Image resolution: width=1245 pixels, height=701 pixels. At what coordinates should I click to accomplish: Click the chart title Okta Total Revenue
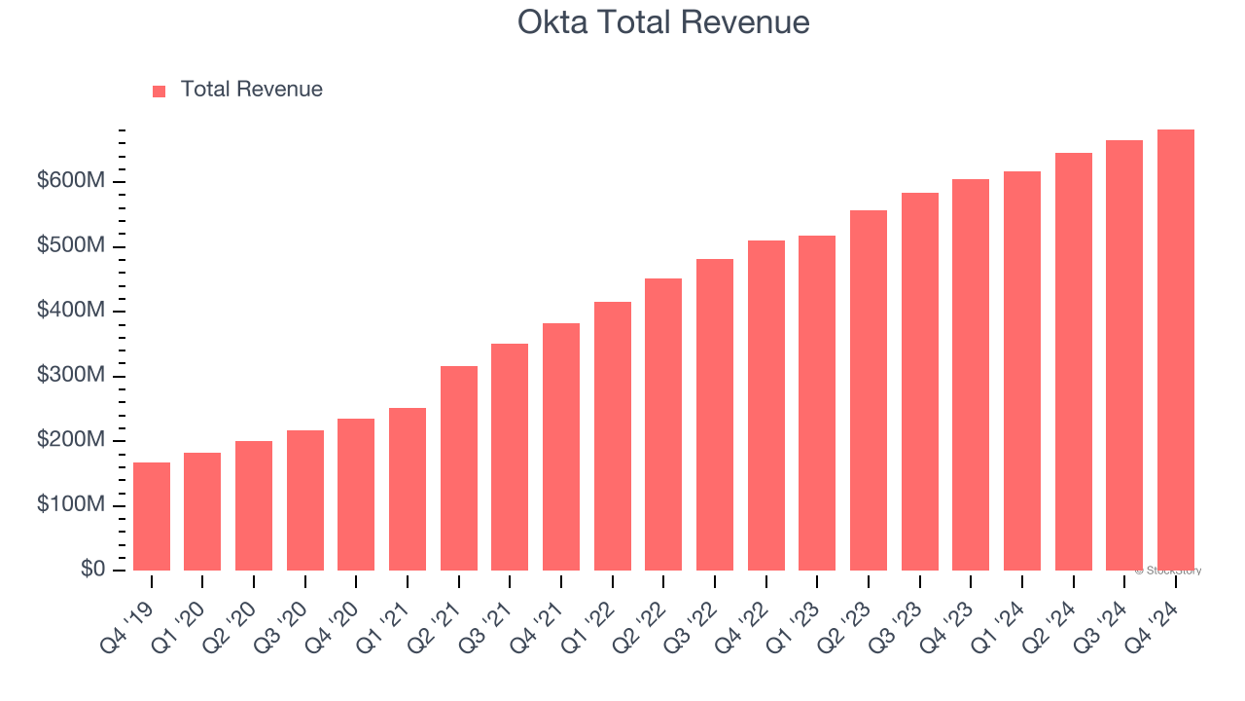(x=663, y=21)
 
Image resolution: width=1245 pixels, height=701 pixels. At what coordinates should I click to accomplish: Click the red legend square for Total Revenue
(x=160, y=91)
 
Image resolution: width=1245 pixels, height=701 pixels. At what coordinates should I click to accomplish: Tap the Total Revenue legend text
(x=251, y=90)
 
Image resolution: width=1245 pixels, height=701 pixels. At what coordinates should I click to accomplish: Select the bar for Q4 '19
(x=152, y=517)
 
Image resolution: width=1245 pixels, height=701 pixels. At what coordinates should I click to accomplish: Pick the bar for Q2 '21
(x=459, y=468)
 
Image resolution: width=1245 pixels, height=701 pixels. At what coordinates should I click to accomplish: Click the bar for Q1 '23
(x=817, y=403)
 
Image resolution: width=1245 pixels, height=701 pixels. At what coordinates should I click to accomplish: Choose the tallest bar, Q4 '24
(x=1175, y=350)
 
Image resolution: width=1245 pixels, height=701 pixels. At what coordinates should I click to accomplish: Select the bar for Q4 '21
(x=561, y=447)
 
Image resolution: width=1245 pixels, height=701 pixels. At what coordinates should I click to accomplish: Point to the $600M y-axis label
(x=72, y=182)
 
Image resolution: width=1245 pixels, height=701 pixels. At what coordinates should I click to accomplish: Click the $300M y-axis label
(x=72, y=376)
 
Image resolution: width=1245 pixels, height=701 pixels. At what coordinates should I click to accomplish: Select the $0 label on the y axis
(x=93, y=570)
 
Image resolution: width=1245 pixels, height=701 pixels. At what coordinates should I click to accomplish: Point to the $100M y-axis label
(x=72, y=505)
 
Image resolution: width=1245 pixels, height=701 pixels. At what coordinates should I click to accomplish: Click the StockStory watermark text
(x=1168, y=571)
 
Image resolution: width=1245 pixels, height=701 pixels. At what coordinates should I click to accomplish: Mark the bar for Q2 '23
(x=869, y=390)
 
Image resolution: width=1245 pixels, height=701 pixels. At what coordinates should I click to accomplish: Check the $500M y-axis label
(x=72, y=246)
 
